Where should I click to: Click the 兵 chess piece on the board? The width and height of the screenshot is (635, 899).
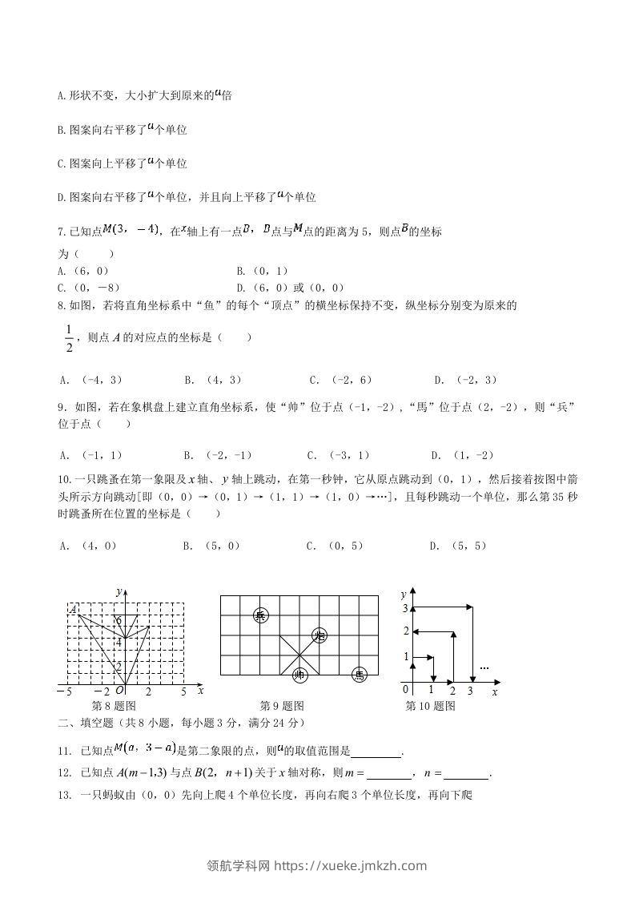[260, 615]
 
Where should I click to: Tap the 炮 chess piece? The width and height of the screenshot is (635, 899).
[320, 636]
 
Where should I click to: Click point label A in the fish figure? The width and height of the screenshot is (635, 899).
[73, 611]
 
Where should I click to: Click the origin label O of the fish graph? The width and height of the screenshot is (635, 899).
[119, 691]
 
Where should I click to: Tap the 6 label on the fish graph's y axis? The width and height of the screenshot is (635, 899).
[119, 621]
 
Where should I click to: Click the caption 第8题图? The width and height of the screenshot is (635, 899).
[114, 706]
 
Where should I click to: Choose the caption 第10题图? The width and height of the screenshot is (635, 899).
[431, 706]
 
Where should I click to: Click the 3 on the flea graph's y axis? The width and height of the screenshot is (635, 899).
[405, 609]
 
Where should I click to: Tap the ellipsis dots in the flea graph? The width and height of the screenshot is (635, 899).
[484, 667]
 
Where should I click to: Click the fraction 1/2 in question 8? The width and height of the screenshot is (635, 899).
[68, 337]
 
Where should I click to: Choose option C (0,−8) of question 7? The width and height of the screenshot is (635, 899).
[89, 287]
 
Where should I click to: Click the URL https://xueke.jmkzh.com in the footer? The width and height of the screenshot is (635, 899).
[350, 865]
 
